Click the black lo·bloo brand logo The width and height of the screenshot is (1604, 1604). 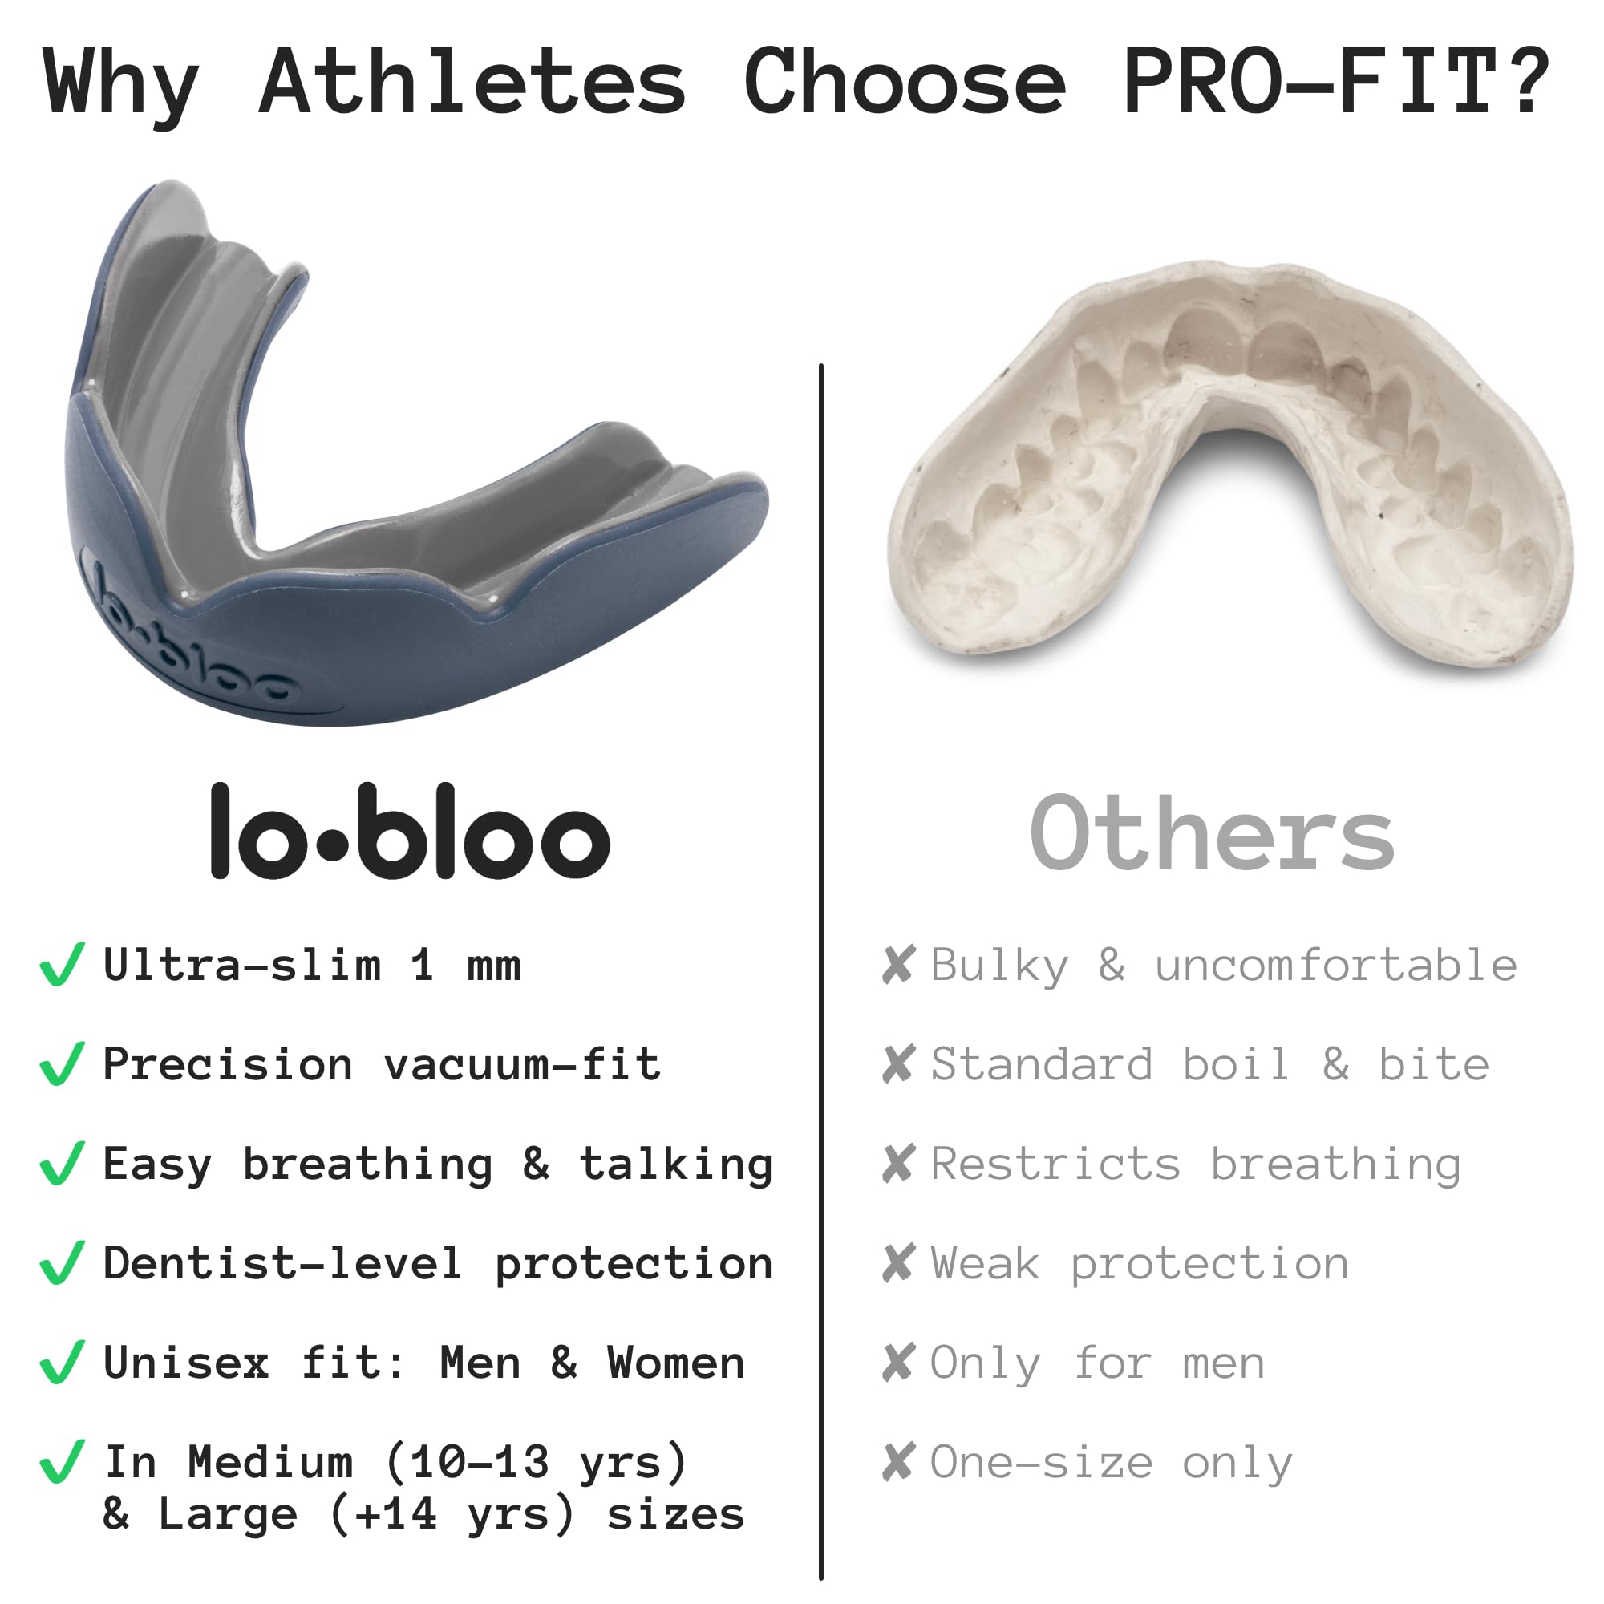point(410,831)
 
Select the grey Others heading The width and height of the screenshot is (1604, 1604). point(1211,832)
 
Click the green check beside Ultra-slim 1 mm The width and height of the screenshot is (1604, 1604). point(63,965)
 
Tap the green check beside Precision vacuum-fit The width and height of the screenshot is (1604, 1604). point(63,1064)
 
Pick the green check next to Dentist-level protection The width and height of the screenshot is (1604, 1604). point(63,1264)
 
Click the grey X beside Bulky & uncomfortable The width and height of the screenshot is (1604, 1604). point(899,965)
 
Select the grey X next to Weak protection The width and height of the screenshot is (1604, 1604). point(899,1264)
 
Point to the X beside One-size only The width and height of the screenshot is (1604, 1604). point(899,1463)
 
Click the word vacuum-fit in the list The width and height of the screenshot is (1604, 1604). point(522,1063)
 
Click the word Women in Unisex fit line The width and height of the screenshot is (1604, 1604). point(676,1363)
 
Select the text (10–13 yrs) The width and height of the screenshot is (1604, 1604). point(537,1463)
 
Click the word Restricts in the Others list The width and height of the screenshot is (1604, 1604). point(1055,1163)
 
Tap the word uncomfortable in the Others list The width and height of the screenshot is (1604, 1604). point(1336,965)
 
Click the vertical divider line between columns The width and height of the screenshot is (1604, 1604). point(820,971)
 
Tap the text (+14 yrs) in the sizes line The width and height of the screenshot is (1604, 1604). point(452,1514)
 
